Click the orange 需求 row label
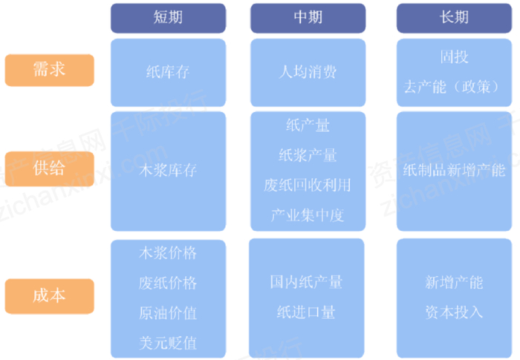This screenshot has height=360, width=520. click(49, 70)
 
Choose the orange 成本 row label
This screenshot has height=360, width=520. click(49, 295)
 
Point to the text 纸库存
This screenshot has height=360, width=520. click(168, 73)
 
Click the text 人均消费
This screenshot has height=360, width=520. click(308, 73)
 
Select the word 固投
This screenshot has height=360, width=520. click(454, 57)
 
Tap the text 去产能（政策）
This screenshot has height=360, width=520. click(454, 87)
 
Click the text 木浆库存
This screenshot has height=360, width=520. click(168, 170)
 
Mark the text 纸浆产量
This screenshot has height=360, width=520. click(308, 155)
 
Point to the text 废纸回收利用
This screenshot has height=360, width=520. click(308, 185)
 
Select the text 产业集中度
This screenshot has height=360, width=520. click(308, 215)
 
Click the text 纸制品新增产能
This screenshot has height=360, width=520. click(454, 170)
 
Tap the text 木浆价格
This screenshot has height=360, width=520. click(168, 253)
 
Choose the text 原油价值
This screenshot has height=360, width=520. click(168, 313)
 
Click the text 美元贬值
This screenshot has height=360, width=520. click(168, 343)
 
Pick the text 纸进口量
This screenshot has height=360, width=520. click(307, 312)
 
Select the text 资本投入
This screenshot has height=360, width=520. click(454, 312)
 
